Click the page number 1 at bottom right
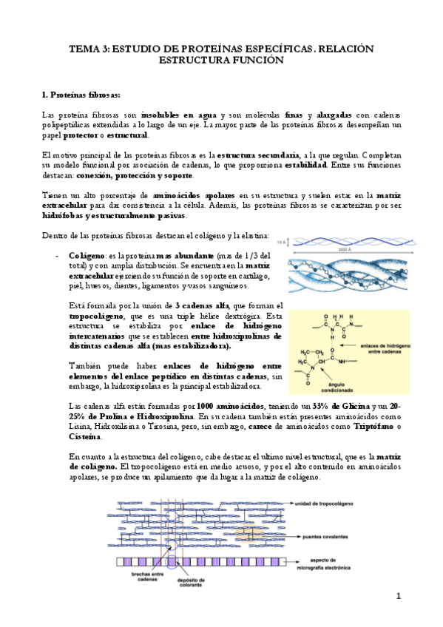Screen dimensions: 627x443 (x=397, y=596)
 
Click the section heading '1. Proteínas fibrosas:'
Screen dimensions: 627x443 (x=81, y=95)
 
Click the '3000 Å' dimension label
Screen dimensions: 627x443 (x=342, y=249)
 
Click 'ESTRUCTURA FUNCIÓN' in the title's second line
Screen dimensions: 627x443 (x=221, y=60)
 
